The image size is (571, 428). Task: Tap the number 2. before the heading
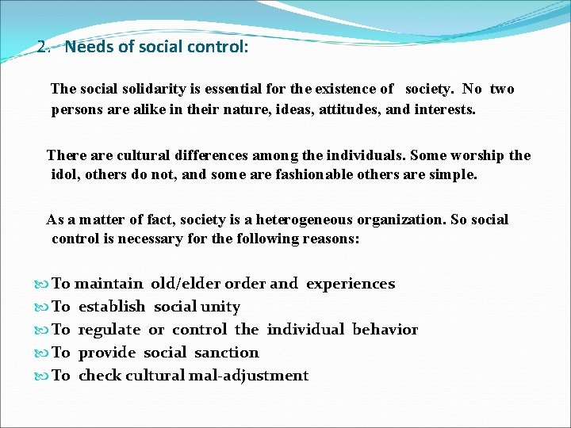pyautogui.click(x=44, y=47)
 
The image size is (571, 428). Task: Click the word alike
pyautogui.click(x=143, y=109)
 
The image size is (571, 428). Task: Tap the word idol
pyautogui.click(x=63, y=174)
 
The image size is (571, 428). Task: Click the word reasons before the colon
pyautogui.click(x=329, y=239)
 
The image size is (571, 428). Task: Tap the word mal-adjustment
pyautogui.click(x=248, y=376)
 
